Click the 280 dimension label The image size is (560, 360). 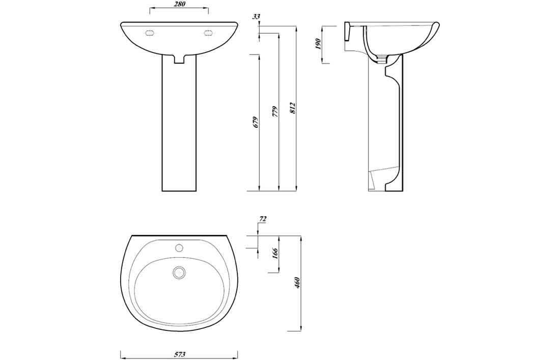coord(178,5)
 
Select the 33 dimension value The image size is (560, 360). coord(256,17)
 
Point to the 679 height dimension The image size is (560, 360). coord(256,122)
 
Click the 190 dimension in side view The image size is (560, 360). coord(319,44)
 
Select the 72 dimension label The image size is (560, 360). coord(263,219)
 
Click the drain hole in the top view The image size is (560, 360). coord(179,272)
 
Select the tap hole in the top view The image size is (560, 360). coord(179,248)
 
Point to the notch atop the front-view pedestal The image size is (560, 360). coord(179,60)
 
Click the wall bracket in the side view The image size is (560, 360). coord(348,32)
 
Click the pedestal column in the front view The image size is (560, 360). coord(179,127)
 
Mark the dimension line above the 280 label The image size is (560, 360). coord(178,9)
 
